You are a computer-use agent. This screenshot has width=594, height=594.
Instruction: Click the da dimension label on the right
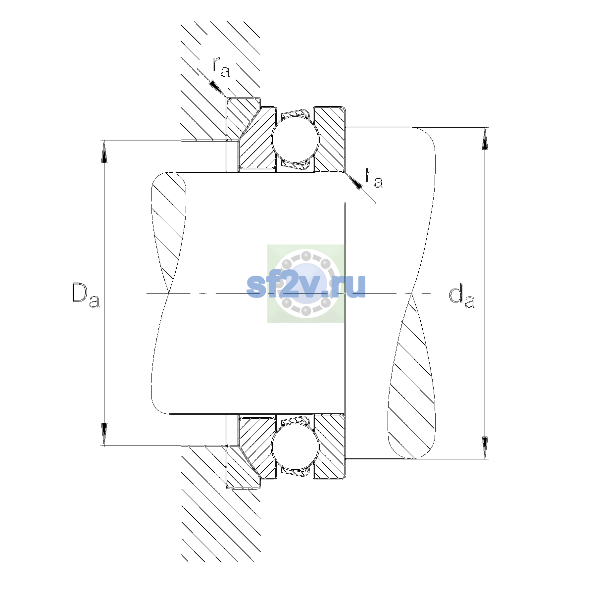pos(462,297)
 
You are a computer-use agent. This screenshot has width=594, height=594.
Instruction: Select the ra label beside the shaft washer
pos(374,178)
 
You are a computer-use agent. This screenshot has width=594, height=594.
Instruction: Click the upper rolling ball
pos(295,139)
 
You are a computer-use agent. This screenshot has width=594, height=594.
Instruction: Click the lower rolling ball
pos(295,446)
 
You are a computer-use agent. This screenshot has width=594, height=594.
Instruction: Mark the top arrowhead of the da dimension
pos(485,139)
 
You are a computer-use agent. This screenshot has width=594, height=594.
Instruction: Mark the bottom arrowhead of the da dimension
pos(485,447)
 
